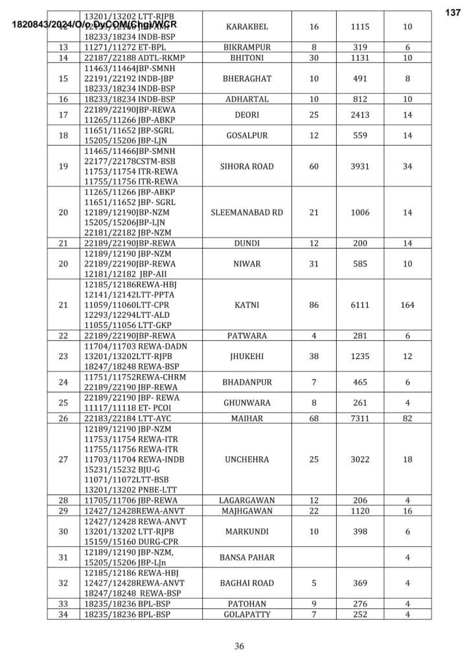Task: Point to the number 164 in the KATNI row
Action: coord(407,305)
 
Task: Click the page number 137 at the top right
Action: coord(453,13)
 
